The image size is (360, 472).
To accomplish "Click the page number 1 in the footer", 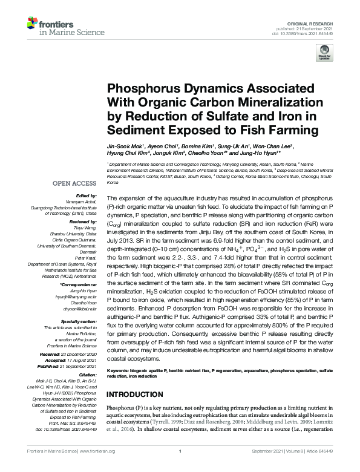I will [180, 467].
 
